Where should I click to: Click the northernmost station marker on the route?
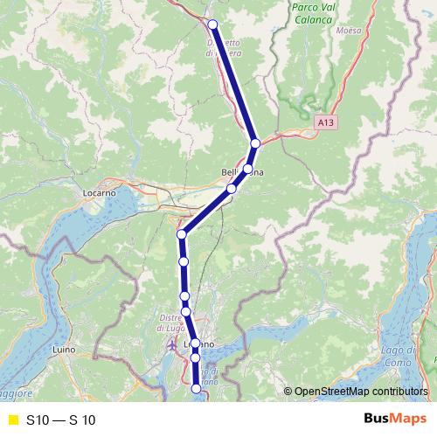(x=213, y=24)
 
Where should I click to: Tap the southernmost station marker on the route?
(x=197, y=390)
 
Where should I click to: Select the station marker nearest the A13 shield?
(x=255, y=143)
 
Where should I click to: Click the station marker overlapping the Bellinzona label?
(x=247, y=169)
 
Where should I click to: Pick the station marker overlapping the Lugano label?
(x=196, y=343)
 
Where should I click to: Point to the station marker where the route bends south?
(x=182, y=234)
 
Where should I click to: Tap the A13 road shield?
(x=325, y=124)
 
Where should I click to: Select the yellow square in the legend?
(x=12, y=420)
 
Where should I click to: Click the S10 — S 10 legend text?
(x=60, y=420)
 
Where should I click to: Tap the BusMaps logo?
(x=394, y=420)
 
